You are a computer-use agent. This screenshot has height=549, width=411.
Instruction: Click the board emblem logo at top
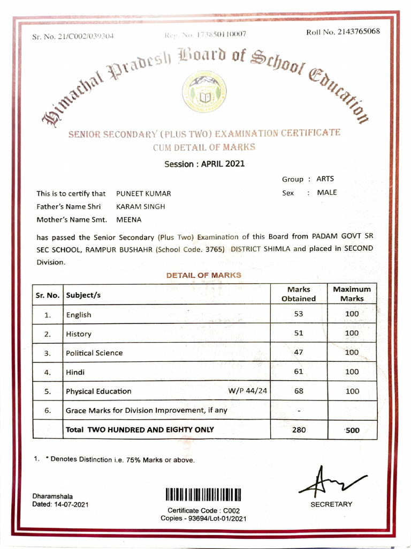pos(205,91)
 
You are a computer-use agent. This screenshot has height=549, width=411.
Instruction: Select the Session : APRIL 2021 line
pos(204,164)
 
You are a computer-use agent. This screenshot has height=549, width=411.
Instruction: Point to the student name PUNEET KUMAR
pos(143,194)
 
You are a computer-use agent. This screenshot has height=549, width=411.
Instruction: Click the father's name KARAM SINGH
pos(141,206)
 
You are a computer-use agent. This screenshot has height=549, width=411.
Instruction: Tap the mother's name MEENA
pos(128,219)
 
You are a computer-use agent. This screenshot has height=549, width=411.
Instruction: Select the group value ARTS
pos(325,180)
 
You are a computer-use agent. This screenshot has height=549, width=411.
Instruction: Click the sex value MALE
pos(327,192)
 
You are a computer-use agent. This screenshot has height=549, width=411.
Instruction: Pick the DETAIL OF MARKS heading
pos(203,275)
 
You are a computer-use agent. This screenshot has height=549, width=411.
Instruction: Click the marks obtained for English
pos(299,314)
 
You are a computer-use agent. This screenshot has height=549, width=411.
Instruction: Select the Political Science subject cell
pos(94,353)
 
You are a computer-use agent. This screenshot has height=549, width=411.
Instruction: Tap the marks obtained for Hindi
pos(299,372)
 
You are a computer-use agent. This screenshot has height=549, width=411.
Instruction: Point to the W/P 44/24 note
pos(247,390)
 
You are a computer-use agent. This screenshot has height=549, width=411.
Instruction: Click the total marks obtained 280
pos(299,429)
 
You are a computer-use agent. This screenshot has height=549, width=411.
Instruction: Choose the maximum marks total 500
pos(352,429)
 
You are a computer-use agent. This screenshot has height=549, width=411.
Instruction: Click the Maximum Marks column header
pos(352,294)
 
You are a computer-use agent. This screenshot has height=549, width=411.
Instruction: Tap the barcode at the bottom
pos(204,494)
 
